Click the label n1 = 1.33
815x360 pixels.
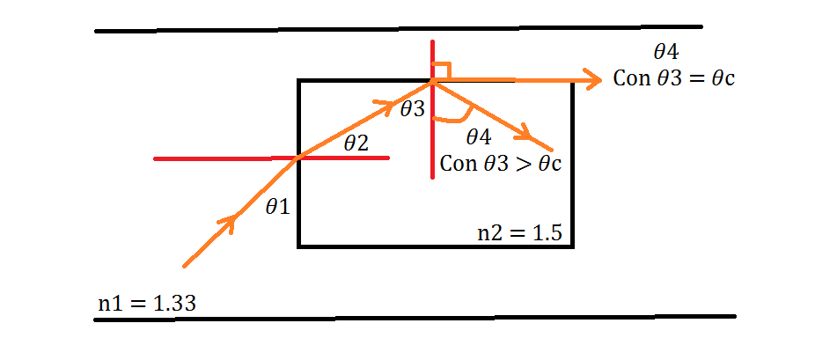tap(146, 305)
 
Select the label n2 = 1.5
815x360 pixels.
tap(519, 233)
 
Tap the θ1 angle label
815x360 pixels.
tap(277, 207)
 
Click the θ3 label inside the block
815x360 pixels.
tap(412, 109)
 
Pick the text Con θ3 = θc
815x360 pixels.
tap(674, 78)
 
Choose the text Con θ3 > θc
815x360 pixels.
tap(501, 163)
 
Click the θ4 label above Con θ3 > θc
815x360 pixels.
tap(478, 137)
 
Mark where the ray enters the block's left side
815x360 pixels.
tap(299, 158)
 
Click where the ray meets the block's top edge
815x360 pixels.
tap(433, 82)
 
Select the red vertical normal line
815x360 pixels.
tap(432, 141)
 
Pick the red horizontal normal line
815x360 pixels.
tap(220, 158)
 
